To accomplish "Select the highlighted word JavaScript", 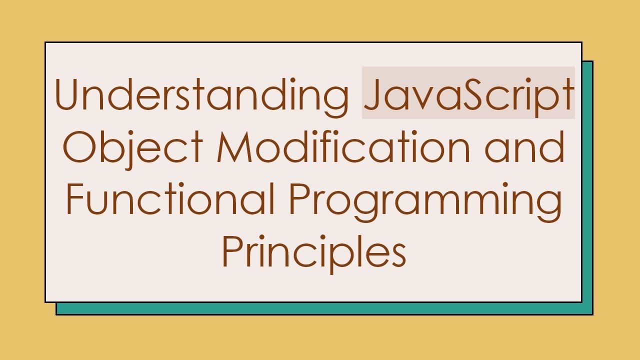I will pyautogui.click(x=468, y=94).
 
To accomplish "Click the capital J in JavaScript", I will pyautogui.click(x=371, y=94).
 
